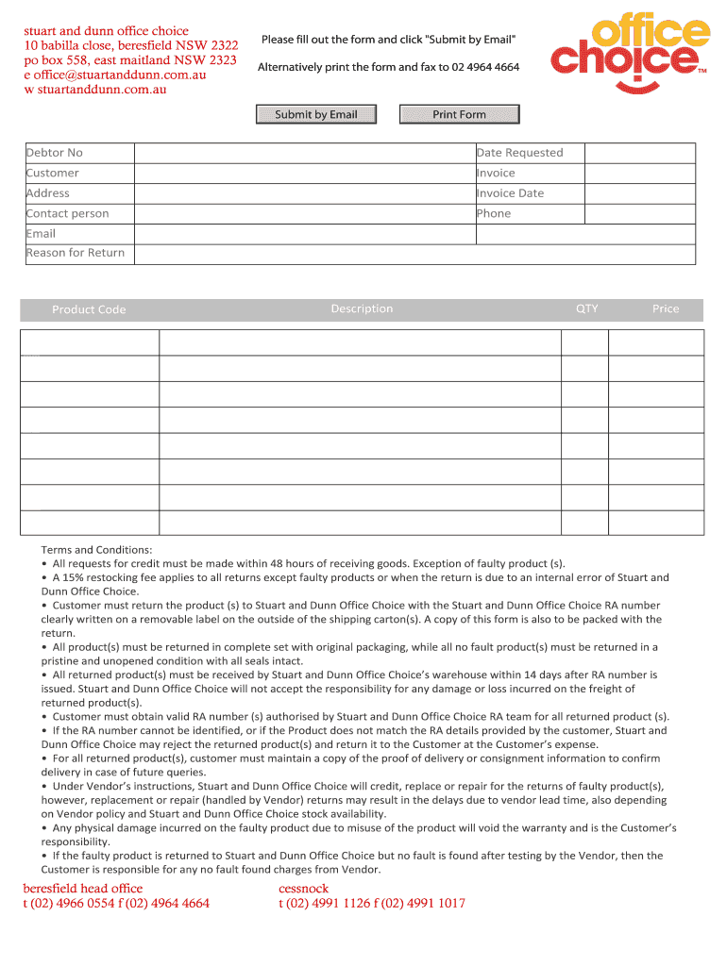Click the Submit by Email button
tap(316, 115)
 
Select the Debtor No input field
tap(304, 153)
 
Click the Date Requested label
tap(519, 153)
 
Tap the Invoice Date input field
tap(639, 193)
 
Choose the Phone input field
tap(639, 214)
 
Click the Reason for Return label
tap(76, 253)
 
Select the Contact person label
tap(68, 214)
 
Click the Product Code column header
tap(89, 309)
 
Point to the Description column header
tap(362, 309)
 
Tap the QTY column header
tap(586, 309)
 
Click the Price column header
tap(665, 309)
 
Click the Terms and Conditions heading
tap(96, 550)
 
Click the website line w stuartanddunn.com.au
tap(95, 90)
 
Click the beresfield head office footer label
tap(83, 889)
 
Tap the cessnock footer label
tap(303, 889)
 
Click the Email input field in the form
tap(304, 234)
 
